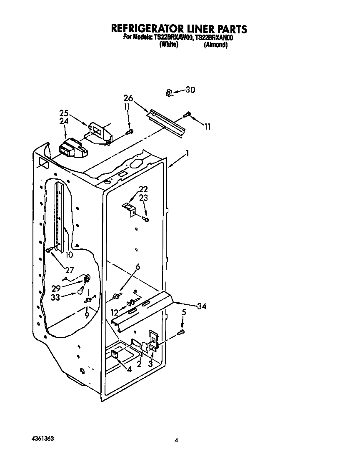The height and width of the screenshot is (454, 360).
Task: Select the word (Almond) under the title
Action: (x=215, y=45)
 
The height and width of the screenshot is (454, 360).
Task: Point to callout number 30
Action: (x=190, y=90)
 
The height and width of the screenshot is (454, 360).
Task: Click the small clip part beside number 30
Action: (x=169, y=93)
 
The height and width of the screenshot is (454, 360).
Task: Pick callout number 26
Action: (x=128, y=98)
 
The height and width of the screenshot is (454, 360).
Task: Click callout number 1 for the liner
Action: (x=187, y=153)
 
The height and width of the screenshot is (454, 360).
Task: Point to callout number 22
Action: (x=143, y=189)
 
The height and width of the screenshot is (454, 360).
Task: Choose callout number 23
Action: (x=143, y=198)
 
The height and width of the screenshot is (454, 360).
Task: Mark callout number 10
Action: (x=69, y=254)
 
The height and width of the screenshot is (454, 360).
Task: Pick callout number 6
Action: (x=137, y=267)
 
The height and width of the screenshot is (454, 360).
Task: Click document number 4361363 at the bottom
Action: (x=42, y=439)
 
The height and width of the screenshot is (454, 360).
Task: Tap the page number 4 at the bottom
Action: (x=177, y=440)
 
